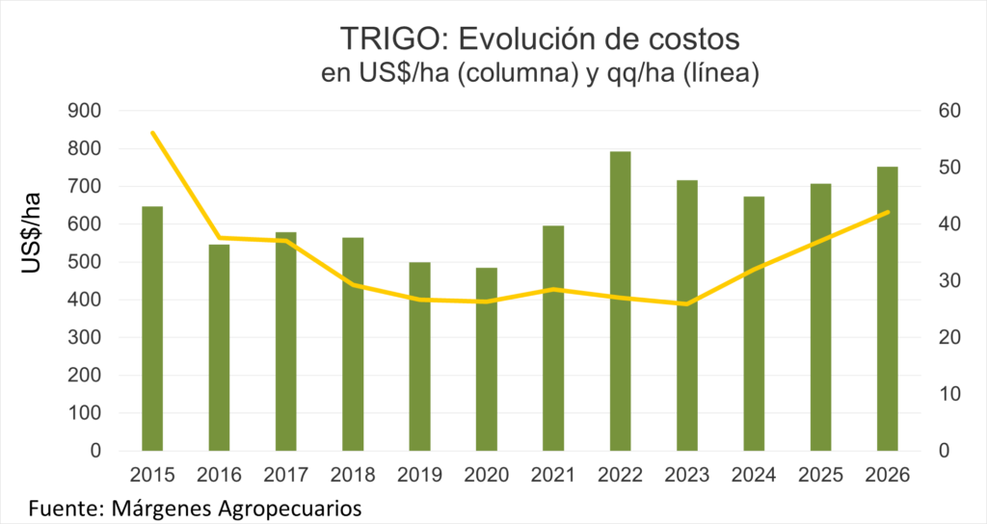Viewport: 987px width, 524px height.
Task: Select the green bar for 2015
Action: point(152,327)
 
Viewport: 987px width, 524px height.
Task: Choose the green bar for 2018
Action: point(353,343)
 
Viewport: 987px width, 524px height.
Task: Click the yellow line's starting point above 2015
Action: point(152,132)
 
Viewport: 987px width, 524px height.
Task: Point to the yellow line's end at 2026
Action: point(887,213)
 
